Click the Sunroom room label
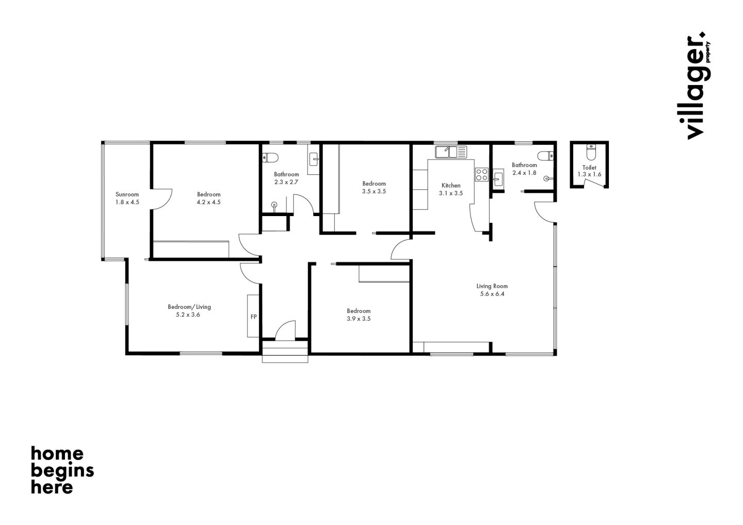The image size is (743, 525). point(127,194)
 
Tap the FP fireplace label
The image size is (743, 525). point(254,317)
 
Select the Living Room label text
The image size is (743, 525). point(492,286)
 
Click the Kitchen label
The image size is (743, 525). point(451,186)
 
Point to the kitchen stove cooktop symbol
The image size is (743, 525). point(481,175)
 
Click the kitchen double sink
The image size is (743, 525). point(451,152)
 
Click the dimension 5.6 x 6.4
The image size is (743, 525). point(492,294)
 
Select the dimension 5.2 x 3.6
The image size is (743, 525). point(188,315)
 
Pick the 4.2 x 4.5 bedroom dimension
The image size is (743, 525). point(208,202)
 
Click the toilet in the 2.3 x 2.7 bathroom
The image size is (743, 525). point(270,157)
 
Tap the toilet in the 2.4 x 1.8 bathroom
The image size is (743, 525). point(546,155)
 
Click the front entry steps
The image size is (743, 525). point(285,352)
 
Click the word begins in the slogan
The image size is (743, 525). point(62,471)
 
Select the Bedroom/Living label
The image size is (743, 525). point(189,307)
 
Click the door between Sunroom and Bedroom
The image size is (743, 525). point(161,199)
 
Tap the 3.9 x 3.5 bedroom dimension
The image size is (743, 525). point(359,319)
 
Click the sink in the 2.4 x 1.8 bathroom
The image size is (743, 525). point(498,179)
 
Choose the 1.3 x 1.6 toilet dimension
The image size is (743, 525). point(589,174)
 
